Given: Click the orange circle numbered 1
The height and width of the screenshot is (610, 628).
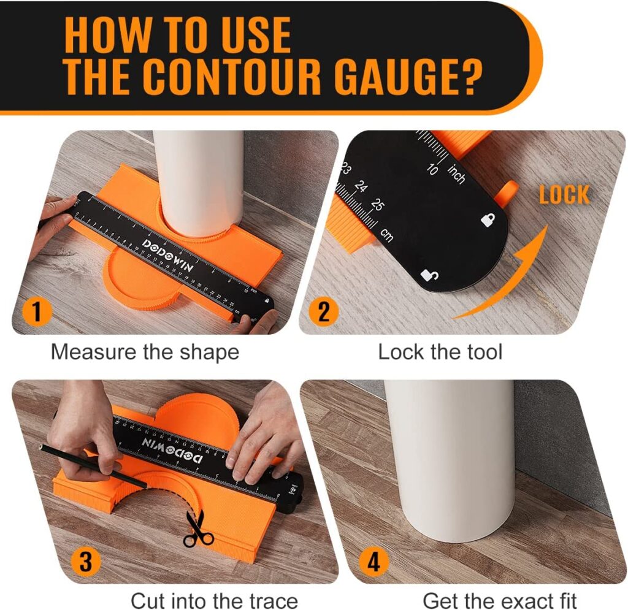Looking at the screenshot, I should coord(37,312).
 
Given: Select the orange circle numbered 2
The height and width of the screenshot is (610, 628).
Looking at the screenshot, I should coord(323,312).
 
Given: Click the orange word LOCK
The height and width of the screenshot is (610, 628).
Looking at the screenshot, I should coord(564,196).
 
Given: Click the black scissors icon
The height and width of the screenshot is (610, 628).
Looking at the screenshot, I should coord(197,530).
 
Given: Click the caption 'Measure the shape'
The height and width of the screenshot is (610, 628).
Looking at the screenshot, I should coord(145,353).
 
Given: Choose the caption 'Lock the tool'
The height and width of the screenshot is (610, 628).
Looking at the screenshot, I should coord(440,353).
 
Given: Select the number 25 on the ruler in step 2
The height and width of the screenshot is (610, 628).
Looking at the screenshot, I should coord(377,205).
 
